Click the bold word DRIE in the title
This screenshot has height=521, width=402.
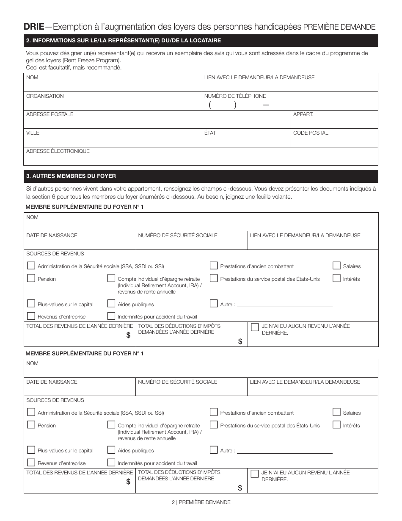34,27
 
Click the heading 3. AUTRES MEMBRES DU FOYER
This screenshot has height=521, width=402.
71,176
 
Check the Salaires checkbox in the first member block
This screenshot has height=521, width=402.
336,266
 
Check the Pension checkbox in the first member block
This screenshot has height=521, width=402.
31,279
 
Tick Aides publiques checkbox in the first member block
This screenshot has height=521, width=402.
111,304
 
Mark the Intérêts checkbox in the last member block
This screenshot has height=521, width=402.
336,425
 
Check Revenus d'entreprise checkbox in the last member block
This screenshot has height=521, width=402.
31,463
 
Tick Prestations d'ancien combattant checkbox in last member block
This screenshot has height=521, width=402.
214,412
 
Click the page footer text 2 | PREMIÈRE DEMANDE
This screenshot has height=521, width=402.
201,502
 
